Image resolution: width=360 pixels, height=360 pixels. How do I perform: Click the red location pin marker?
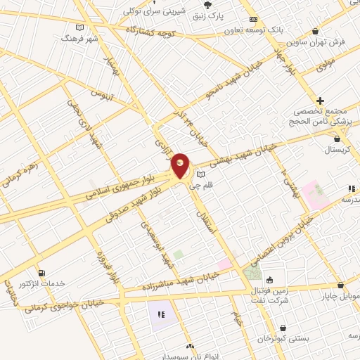[x=181, y=166]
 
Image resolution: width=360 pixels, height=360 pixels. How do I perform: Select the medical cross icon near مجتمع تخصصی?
[x=320, y=101]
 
